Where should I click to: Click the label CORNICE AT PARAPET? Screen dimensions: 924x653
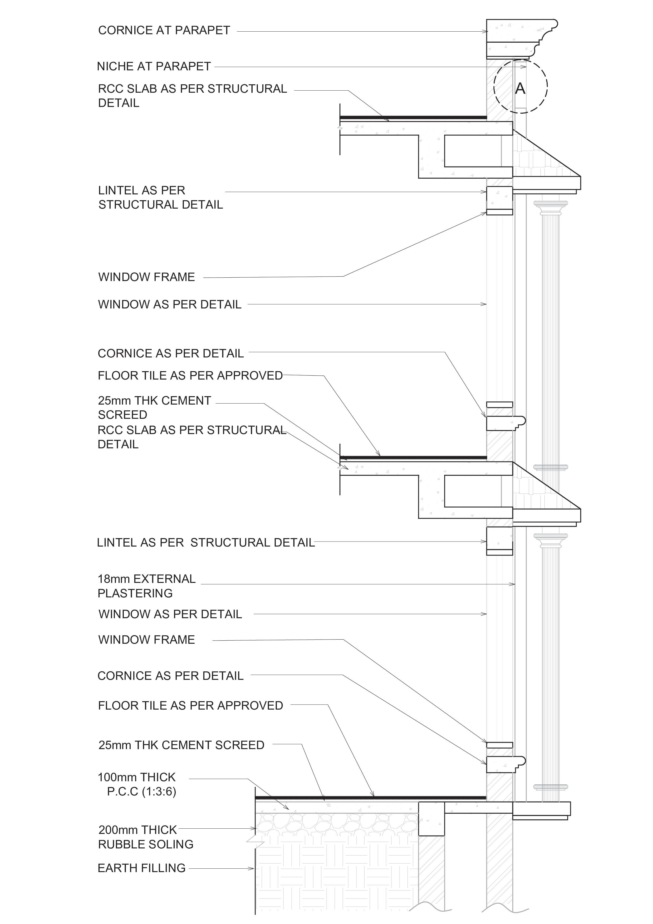click(164, 31)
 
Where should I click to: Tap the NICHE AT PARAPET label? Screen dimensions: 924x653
click(154, 66)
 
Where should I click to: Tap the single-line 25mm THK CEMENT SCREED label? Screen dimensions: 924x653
click(181, 745)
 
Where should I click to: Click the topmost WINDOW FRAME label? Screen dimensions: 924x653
click(146, 277)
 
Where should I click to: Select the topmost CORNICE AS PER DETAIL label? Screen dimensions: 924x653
click(171, 353)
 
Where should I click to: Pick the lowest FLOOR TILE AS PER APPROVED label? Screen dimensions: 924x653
click(190, 705)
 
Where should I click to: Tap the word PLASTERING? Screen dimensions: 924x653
click(135, 593)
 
